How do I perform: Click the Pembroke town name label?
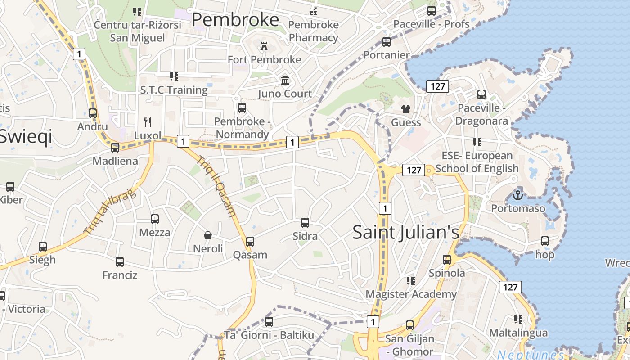pyautogui.click(x=235, y=20)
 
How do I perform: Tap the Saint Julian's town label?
pyautogui.click(x=406, y=232)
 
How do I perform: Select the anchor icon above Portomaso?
pyautogui.click(x=518, y=195)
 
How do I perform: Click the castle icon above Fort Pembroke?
pyautogui.click(x=264, y=46)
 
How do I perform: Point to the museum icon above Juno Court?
pyautogui.click(x=285, y=80)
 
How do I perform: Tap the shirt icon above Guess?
pyautogui.click(x=406, y=109)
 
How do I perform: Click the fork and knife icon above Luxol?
pyautogui.click(x=147, y=122)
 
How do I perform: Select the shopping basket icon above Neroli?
pyautogui.click(x=208, y=235)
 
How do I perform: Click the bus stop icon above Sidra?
pyautogui.click(x=305, y=223)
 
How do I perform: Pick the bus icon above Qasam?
pyautogui.click(x=250, y=242)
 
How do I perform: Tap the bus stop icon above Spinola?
pyautogui.click(x=447, y=260)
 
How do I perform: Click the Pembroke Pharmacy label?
pyautogui.click(x=314, y=31)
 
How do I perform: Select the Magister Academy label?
pyautogui.click(x=411, y=294)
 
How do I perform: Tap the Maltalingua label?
pyautogui.click(x=518, y=333)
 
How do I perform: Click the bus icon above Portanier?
pyautogui.click(x=387, y=42)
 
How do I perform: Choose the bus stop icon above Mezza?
pyautogui.click(x=155, y=219)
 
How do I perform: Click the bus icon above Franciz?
pyautogui.click(x=120, y=262)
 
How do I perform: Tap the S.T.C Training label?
pyautogui.click(x=174, y=90)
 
